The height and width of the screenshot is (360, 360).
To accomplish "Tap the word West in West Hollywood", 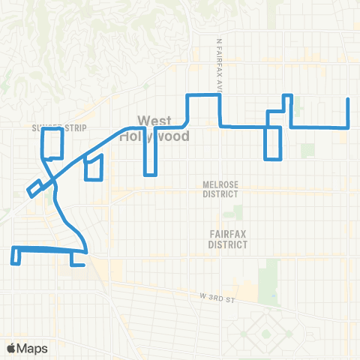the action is click(x=155, y=120).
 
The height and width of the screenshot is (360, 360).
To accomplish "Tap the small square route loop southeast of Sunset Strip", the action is click(x=94, y=168).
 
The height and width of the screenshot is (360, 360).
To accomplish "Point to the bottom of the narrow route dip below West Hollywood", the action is click(x=150, y=175).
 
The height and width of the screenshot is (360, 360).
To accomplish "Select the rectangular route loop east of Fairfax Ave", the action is click(x=273, y=142).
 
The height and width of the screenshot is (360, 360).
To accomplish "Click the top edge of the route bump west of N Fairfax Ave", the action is click(x=202, y=95).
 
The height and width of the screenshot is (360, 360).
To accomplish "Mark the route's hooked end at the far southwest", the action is click(x=13, y=262).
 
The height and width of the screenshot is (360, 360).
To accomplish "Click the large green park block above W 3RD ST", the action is click(x=268, y=277).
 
